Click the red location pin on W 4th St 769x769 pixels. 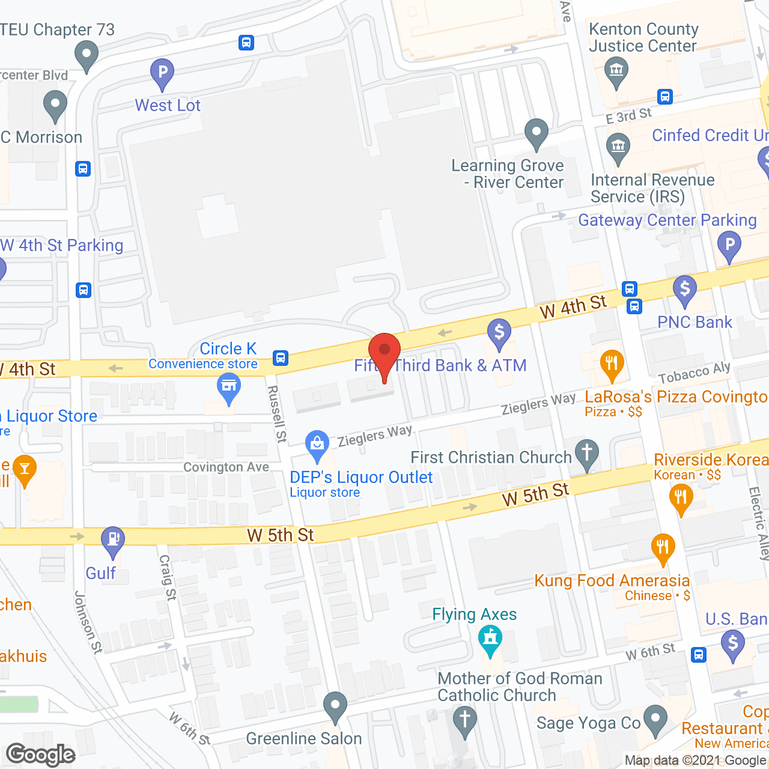click(x=384, y=351)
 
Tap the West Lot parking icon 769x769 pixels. click(x=162, y=73)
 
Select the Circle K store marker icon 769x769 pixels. click(x=229, y=387)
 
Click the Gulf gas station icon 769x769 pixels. click(x=113, y=540)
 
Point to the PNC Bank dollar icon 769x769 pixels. click(x=684, y=289)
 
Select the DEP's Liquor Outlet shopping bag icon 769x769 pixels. click(x=317, y=445)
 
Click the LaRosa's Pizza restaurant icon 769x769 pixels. click(x=612, y=364)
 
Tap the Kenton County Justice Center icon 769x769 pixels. click(x=616, y=71)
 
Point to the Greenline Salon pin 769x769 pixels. click(x=335, y=706)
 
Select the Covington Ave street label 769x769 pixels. click(x=226, y=467)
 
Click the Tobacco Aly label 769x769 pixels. click(x=695, y=373)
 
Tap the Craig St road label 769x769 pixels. click(x=168, y=577)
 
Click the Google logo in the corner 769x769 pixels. click(x=41, y=755)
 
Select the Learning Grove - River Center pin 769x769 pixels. click(x=536, y=133)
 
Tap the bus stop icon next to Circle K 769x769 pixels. click(x=280, y=358)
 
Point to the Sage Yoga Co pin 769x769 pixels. click(x=655, y=719)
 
